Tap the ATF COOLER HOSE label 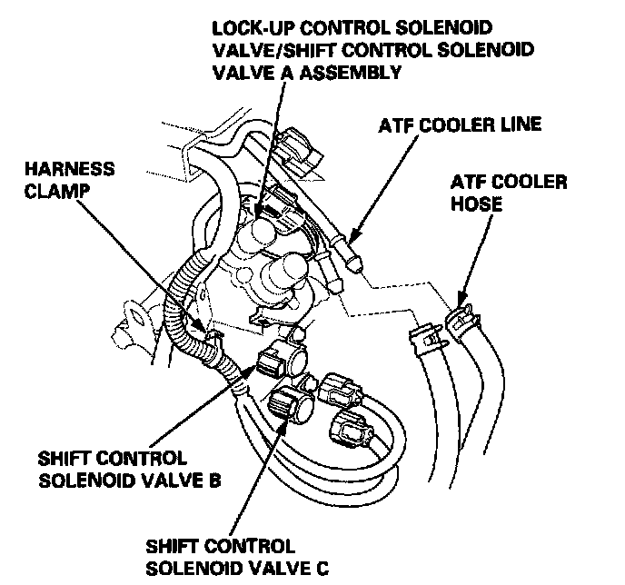(509, 193)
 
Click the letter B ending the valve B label (215, 479)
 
